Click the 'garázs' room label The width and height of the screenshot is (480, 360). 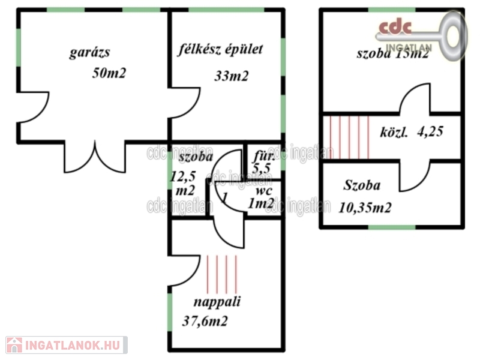(x=89, y=52)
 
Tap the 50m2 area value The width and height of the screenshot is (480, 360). (x=109, y=73)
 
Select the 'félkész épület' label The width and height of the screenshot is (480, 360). (x=220, y=50)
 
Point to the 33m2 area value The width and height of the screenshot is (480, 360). (x=232, y=76)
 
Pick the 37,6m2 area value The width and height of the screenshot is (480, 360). (x=205, y=322)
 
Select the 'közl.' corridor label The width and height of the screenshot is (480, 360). (x=394, y=133)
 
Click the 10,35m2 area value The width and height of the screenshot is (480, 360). (x=365, y=208)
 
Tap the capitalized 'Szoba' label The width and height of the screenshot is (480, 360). (x=362, y=185)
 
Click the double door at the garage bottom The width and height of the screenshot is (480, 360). (x=94, y=157)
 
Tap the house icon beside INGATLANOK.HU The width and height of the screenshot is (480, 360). (x=14, y=345)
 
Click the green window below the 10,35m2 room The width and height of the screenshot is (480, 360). (x=393, y=227)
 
